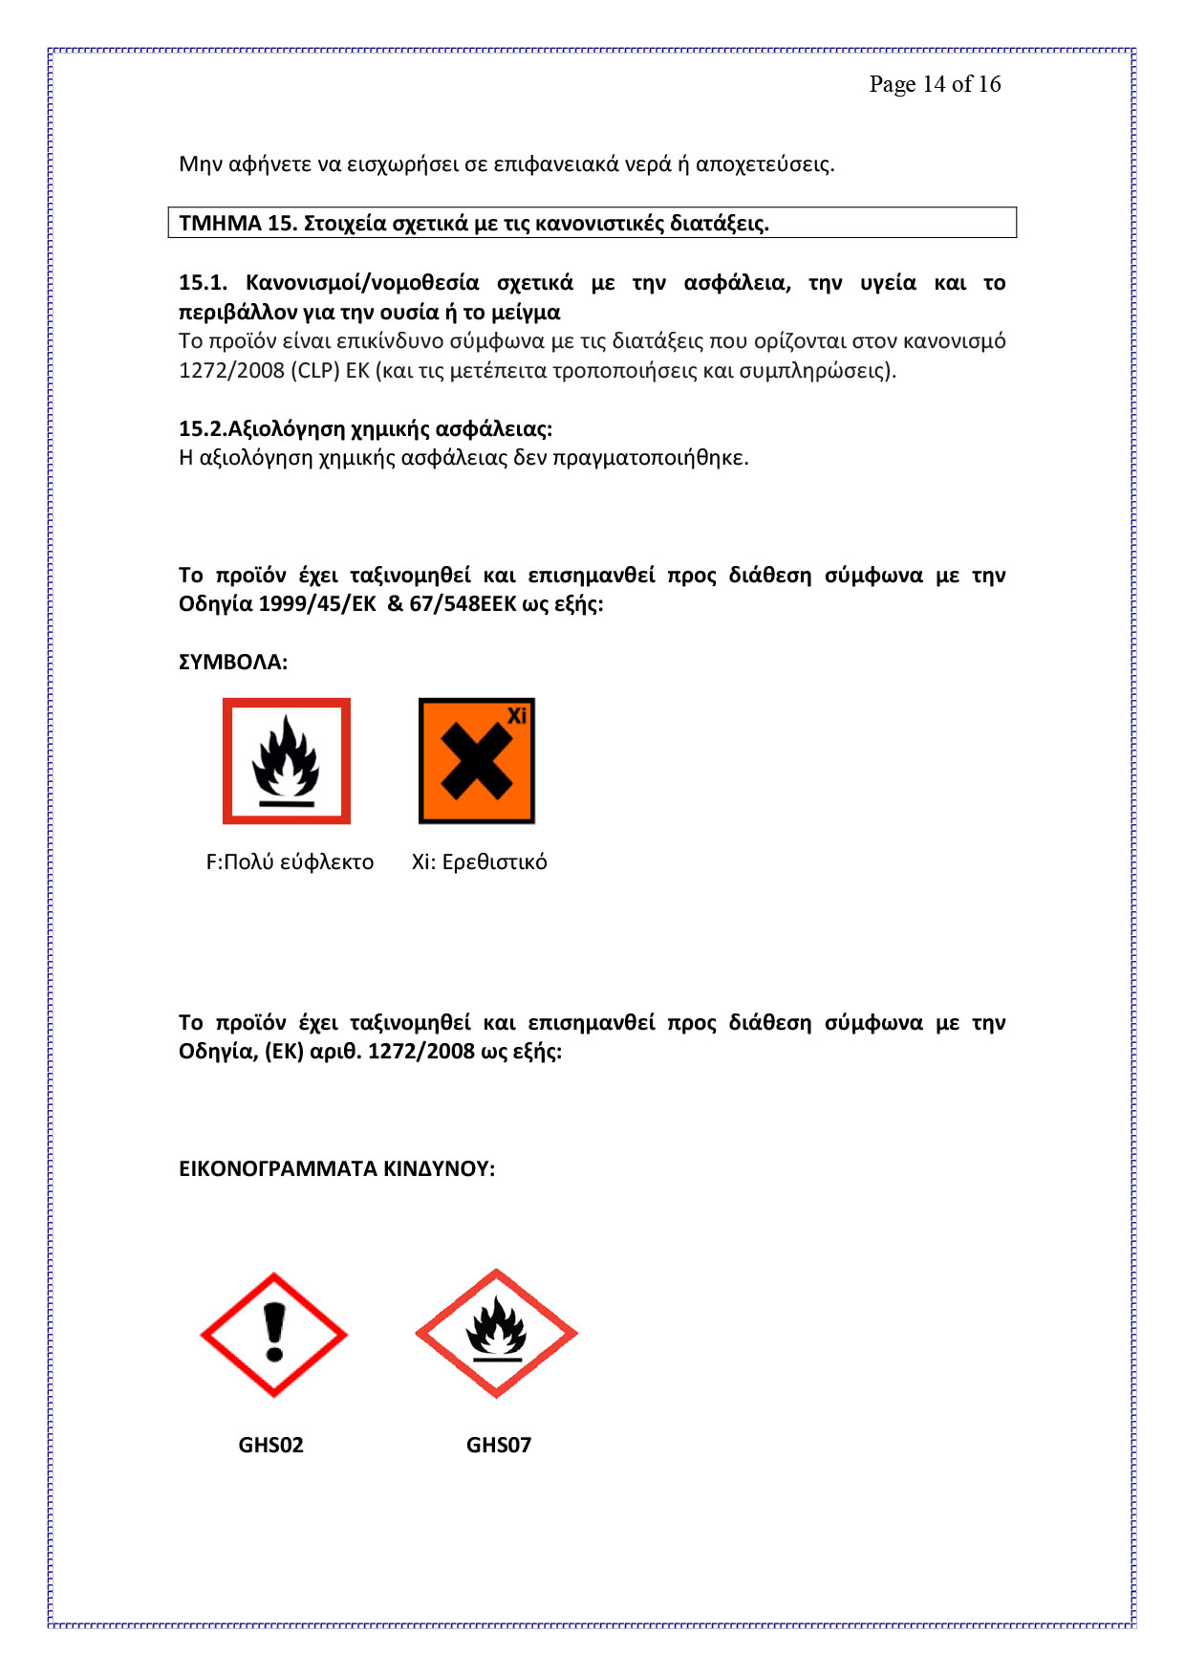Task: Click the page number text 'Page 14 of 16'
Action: [x=935, y=84]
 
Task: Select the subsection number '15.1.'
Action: [x=203, y=283]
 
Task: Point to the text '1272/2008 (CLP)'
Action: [x=259, y=371]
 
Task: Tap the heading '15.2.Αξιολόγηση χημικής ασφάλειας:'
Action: [x=365, y=428]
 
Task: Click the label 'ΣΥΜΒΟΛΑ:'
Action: [x=233, y=663]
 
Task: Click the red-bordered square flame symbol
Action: [x=287, y=761]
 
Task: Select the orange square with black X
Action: [x=476, y=762]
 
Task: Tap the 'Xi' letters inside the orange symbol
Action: [x=517, y=715]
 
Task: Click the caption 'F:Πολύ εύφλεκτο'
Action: [x=290, y=862]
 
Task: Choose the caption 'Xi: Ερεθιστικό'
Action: [x=480, y=862]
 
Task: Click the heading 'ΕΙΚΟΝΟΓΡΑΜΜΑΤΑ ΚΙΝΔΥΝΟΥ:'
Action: [x=336, y=1169]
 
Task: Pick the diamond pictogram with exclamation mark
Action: [x=274, y=1335]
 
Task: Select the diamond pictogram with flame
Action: [x=496, y=1334]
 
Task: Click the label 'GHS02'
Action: [x=270, y=1445]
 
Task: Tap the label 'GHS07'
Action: [x=498, y=1445]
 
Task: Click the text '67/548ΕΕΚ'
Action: [x=463, y=604]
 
